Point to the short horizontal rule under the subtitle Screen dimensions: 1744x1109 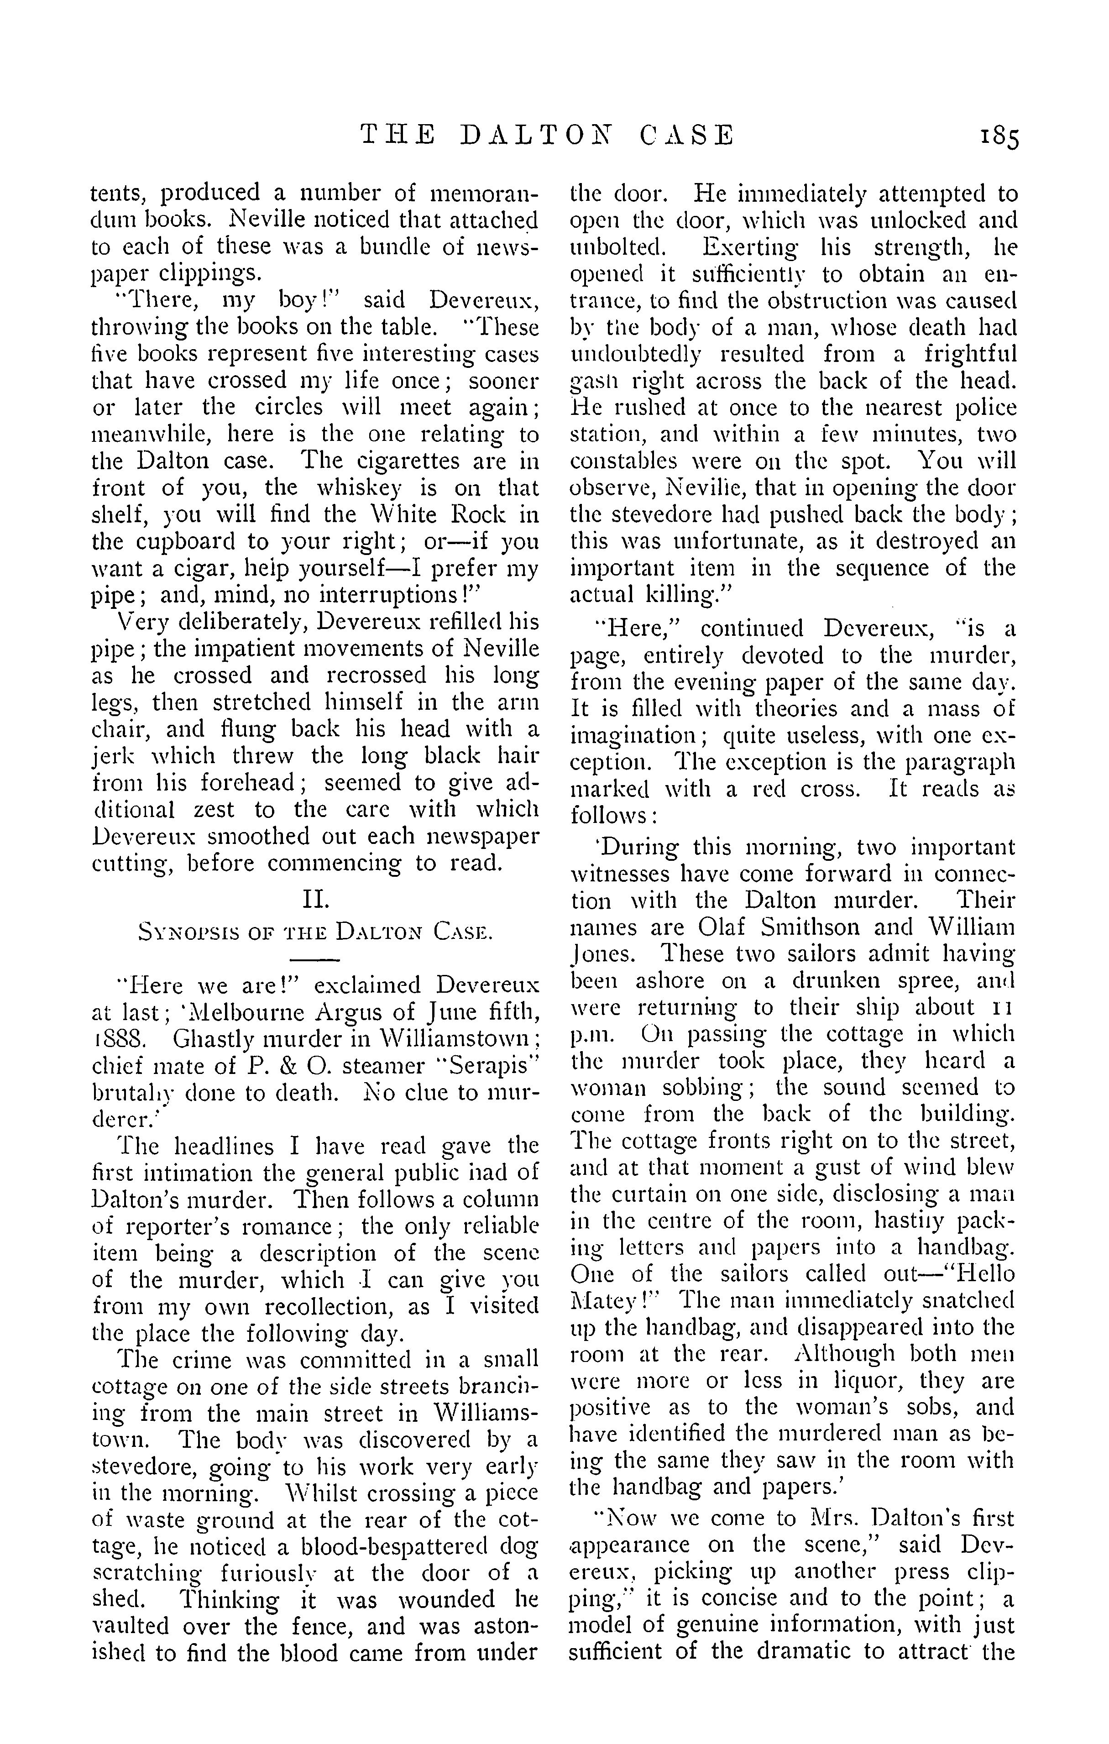(315, 960)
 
